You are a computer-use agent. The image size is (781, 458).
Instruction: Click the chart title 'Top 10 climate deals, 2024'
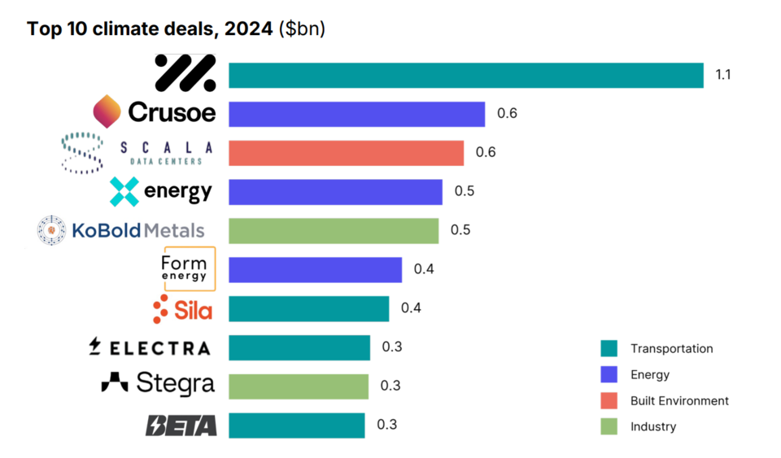[150, 29]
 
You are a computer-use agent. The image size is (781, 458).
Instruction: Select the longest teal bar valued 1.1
[465, 75]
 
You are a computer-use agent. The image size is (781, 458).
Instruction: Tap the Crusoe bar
[356, 114]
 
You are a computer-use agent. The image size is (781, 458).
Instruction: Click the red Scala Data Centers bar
[346, 153]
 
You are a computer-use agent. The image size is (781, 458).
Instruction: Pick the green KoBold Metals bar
[333, 230]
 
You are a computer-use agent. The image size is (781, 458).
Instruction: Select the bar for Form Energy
[315, 269]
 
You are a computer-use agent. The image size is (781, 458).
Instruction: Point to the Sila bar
[308, 308]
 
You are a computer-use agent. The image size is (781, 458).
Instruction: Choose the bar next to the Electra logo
[299, 347]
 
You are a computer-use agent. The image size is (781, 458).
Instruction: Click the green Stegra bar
[298, 386]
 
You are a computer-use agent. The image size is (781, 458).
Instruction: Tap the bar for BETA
[296, 425]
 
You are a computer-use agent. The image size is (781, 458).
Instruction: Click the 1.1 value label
[723, 75]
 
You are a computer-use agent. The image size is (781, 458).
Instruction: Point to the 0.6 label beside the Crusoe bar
[507, 114]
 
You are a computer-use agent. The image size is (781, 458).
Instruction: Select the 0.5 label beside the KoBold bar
[460, 230]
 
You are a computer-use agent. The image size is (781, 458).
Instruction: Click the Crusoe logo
[155, 111]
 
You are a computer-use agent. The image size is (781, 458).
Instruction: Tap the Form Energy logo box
[190, 268]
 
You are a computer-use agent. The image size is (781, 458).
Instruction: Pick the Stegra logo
[158, 383]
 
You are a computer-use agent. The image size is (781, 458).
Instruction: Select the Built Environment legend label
[679, 401]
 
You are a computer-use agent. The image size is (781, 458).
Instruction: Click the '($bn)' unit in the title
[302, 29]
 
